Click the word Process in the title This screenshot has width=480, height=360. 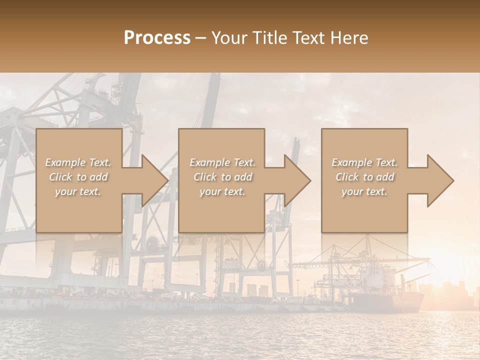pyautogui.click(x=157, y=38)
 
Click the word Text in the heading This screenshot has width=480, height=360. pyautogui.click(x=309, y=38)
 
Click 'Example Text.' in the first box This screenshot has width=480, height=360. pyautogui.click(x=78, y=162)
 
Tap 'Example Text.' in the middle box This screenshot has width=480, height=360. pyautogui.click(x=222, y=162)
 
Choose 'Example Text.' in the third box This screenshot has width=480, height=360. pyautogui.click(x=364, y=162)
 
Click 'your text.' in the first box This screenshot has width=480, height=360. pyautogui.click(x=78, y=191)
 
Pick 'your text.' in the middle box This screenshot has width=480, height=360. pyautogui.click(x=222, y=191)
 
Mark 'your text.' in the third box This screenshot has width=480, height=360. pyautogui.click(x=364, y=191)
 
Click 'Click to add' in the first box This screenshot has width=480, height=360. pyautogui.click(x=78, y=177)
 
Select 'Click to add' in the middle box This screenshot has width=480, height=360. pyautogui.click(x=222, y=177)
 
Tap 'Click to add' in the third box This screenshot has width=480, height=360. pyautogui.click(x=364, y=177)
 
